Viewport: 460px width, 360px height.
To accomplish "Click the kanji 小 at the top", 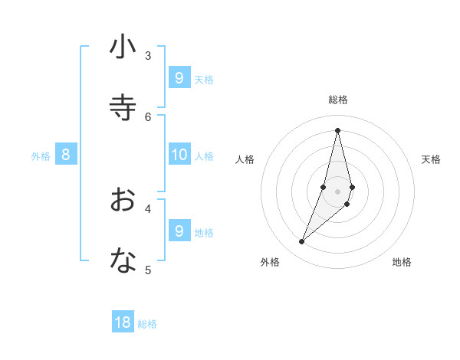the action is [123, 47].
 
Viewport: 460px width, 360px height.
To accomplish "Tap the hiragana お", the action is [123, 200].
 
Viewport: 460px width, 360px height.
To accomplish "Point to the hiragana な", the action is [123, 260].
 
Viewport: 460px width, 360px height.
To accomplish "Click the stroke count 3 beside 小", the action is [148, 55].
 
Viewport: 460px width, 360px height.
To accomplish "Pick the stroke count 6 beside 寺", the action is [148, 116].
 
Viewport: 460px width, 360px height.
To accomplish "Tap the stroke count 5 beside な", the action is [148, 269].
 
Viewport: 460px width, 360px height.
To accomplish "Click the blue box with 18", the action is [123, 322].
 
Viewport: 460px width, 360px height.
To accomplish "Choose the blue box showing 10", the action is [179, 155].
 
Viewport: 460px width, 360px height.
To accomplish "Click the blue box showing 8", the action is [66, 155].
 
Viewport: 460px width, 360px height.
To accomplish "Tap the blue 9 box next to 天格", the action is [179, 78].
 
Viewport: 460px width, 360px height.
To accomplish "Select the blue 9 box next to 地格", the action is [179, 231].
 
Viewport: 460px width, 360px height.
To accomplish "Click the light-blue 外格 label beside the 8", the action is [41, 156].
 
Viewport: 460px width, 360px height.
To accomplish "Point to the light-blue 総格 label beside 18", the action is [147, 324].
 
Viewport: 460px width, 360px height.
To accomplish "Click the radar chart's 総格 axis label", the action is [338, 100].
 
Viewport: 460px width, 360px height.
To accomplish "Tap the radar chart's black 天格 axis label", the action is [431, 159].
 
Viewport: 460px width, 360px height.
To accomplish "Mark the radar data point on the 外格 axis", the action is [302, 242].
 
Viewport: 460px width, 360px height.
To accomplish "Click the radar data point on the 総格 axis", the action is [338, 130].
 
